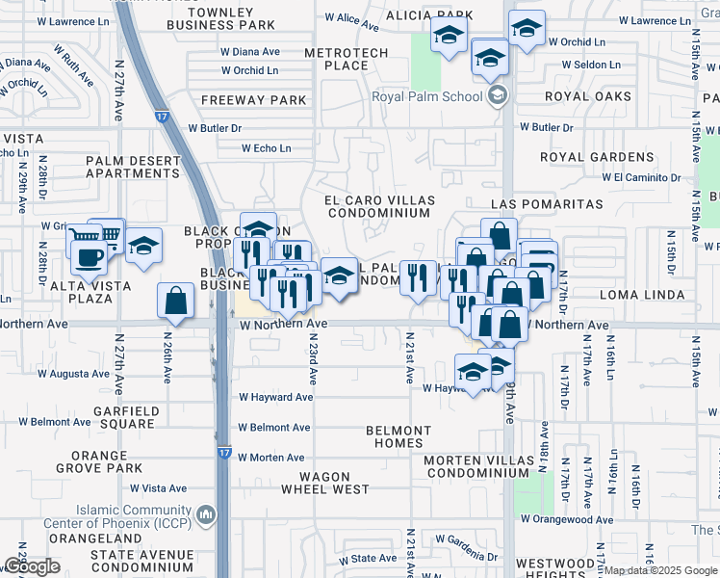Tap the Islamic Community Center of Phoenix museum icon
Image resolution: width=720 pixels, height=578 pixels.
(x=205, y=516)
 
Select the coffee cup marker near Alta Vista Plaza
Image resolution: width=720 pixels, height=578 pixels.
(x=90, y=258)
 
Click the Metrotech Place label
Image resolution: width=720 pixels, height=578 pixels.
(x=346, y=59)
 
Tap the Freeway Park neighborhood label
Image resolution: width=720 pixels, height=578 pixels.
(x=254, y=100)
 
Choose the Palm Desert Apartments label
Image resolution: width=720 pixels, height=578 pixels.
(x=133, y=167)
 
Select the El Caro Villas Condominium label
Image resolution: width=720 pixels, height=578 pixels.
(x=379, y=206)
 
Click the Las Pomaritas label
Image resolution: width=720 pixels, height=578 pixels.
(x=546, y=204)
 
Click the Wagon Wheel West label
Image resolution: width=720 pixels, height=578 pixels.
(x=324, y=483)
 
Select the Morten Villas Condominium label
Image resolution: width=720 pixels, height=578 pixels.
(x=477, y=466)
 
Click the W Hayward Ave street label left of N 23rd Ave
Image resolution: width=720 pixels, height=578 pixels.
(x=276, y=397)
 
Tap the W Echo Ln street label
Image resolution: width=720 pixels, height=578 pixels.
(x=266, y=148)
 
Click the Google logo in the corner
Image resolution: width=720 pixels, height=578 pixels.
(x=32, y=566)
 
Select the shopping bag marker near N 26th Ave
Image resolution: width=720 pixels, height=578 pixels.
(x=177, y=302)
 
